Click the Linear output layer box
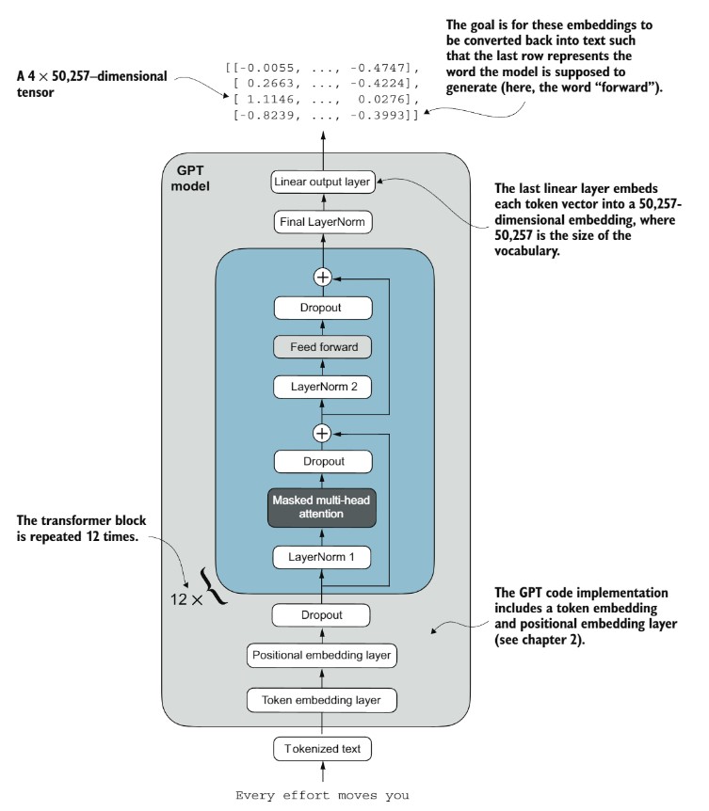click(x=322, y=183)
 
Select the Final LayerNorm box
click(x=322, y=222)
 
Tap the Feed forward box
click(x=322, y=347)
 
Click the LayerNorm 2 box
click(x=322, y=387)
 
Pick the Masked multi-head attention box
click(x=321, y=507)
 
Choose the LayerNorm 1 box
click(x=321, y=557)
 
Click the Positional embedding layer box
click(x=321, y=656)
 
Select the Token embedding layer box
click(x=321, y=700)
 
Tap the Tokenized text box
click(x=322, y=749)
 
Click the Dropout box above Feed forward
click(x=322, y=308)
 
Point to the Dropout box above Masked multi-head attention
click(x=322, y=461)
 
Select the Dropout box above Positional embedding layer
click(x=321, y=615)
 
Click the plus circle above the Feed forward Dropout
click(x=322, y=278)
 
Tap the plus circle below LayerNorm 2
click(x=322, y=433)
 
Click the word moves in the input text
click(x=357, y=796)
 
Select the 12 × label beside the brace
click(x=186, y=599)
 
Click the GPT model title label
click(x=190, y=178)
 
